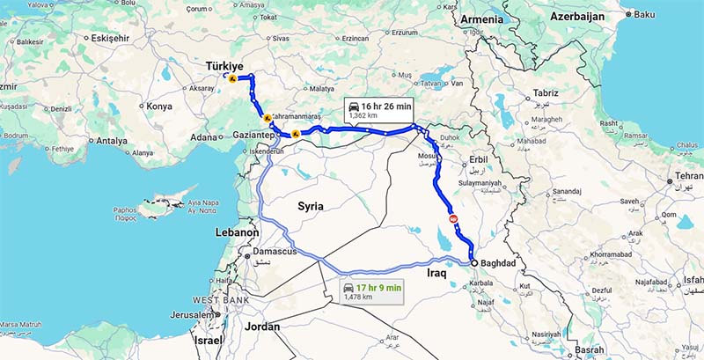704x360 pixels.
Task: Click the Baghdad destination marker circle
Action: (473, 263)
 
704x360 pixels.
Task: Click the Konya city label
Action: (159, 107)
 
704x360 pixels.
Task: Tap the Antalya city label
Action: (112, 140)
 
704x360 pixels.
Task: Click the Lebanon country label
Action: (237, 233)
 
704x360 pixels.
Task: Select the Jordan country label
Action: (263, 327)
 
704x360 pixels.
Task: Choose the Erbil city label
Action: (475, 161)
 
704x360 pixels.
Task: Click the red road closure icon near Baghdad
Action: (454, 217)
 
